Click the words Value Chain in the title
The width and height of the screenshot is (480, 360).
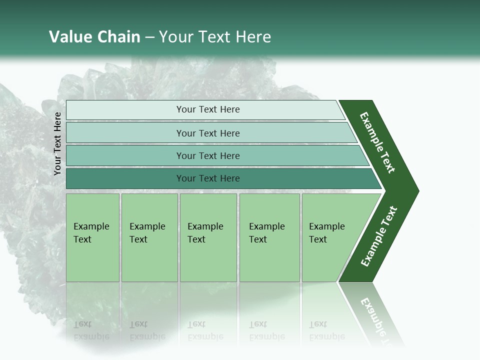(x=94, y=37)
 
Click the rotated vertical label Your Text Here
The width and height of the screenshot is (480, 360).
(x=57, y=143)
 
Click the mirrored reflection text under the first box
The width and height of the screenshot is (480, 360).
(x=91, y=330)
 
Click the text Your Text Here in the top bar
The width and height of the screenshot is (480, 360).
(x=208, y=109)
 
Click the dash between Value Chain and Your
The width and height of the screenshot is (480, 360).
(x=149, y=37)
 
